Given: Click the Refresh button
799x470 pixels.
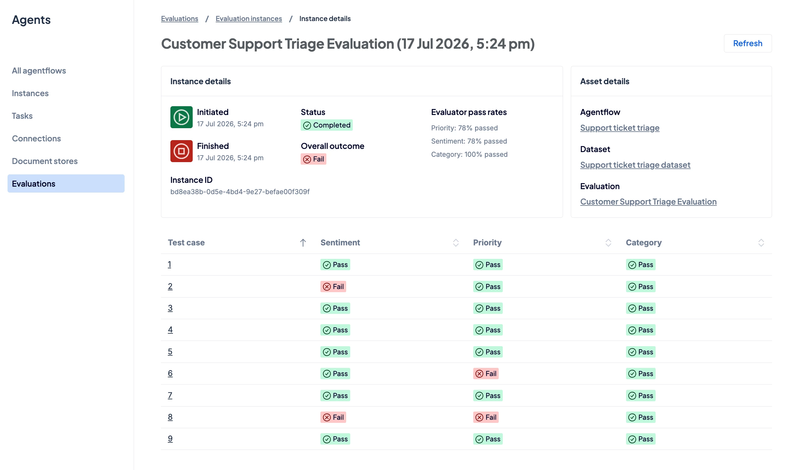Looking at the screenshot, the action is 747,43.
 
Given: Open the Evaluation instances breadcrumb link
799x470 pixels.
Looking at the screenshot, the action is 249,19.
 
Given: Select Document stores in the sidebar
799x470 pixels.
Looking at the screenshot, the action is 45,161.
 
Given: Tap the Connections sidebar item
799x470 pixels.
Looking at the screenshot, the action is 36,138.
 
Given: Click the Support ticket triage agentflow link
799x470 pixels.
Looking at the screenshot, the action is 619,128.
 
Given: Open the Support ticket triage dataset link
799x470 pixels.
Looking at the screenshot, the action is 635,165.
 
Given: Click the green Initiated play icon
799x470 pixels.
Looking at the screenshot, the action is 181,117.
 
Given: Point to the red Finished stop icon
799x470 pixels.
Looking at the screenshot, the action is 181,151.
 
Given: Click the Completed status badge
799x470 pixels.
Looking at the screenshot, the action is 327,125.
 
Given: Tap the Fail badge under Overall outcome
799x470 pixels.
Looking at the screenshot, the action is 313,159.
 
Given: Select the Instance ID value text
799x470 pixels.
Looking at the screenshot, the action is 240,192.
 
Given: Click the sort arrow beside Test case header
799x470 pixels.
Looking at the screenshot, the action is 303,243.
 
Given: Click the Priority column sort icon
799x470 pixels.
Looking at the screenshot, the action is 608,243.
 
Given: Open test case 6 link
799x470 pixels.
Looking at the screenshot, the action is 170,373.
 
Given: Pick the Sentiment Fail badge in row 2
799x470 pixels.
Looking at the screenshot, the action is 333,287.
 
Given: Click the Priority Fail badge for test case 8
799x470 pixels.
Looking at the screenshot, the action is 486,417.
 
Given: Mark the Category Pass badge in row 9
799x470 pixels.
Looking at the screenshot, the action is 641,439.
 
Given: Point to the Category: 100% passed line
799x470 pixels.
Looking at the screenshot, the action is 469,154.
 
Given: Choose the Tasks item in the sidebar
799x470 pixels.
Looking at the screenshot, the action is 22,116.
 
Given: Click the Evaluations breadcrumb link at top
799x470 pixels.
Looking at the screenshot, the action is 180,19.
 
